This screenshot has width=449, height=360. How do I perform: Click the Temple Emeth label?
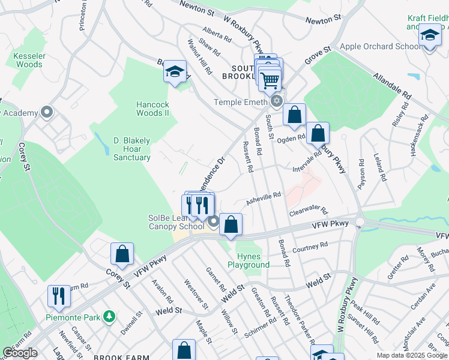(240, 102)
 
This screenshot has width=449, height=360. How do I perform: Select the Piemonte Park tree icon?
(109, 316)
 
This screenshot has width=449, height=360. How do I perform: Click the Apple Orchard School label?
(380, 46)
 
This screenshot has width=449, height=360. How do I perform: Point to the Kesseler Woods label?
(29, 60)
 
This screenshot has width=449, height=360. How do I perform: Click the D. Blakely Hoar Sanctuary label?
(132, 149)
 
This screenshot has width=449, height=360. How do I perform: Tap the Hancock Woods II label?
(152, 109)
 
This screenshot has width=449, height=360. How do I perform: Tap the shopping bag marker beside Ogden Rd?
(318, 133)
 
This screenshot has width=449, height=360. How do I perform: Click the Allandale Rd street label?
(392, 86)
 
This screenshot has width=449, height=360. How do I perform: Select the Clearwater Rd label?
(308, 212)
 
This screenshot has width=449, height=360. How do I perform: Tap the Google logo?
(20, 353)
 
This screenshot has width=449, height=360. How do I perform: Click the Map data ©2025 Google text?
(412, 355)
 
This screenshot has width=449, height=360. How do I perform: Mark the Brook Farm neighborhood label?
(125, 357)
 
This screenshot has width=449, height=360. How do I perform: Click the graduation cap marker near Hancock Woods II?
(174, 73)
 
